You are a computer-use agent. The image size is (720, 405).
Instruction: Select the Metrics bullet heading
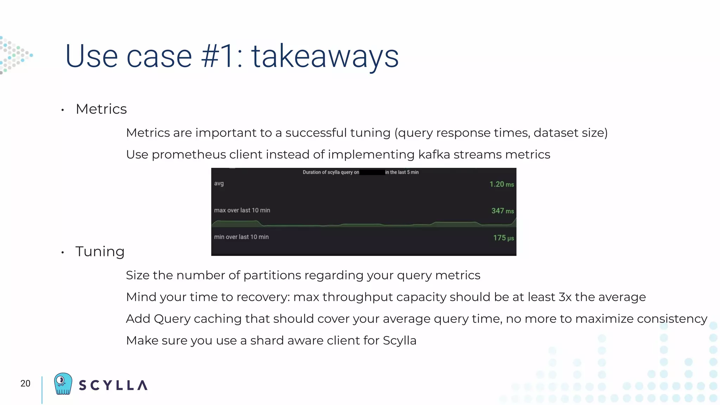pos(101,109)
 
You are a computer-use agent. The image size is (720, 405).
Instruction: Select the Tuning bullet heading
pos(100,252)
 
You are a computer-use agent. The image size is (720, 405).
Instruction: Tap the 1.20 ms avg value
pos(501,184)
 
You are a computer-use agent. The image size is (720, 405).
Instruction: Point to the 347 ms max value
pos(502,211)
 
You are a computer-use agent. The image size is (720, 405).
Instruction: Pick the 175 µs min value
pos(503,238)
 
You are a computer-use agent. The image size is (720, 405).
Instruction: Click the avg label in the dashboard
pos(219,184)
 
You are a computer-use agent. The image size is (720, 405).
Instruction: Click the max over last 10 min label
pos(242,210)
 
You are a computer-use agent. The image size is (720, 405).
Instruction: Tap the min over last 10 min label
pos(241,237)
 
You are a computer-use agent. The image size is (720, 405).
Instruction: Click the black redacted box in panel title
pos(372,172)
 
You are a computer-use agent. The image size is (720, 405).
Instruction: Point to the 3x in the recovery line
pos(565,297)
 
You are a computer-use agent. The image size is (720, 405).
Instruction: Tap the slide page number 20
pos(25,384)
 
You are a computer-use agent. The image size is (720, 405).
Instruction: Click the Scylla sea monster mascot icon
pos(63,384)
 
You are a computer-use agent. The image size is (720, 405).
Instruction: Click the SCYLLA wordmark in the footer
pos(113,385)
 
